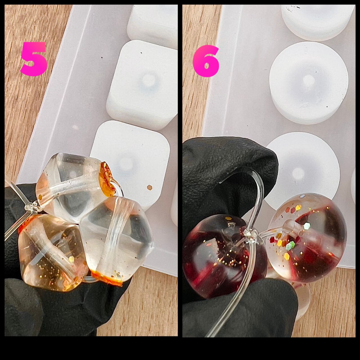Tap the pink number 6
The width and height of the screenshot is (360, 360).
click(x=206, y=61)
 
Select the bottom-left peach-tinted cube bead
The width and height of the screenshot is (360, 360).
click(x=52, y=252)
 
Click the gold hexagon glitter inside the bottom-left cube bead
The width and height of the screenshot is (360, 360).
click(x=71, y=258)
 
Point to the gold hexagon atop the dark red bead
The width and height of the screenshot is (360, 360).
click(x=228, y=218)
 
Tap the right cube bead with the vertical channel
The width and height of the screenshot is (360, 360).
click(x=116, y=239)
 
